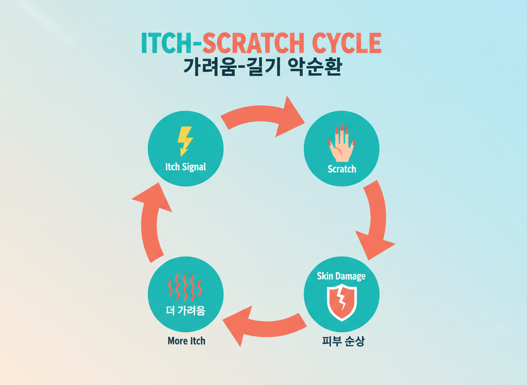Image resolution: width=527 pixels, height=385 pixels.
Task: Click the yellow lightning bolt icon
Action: [x=185, y=140]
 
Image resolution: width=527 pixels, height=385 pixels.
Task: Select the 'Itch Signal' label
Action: [x=185, y=167]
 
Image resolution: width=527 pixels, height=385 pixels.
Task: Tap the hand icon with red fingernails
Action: [x=341, y=143]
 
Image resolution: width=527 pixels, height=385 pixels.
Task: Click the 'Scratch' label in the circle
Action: [x=341, y=169]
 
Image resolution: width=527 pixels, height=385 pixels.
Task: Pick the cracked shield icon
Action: [x=341, y=302]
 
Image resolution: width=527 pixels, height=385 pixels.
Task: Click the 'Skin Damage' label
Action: [x=341, y=276]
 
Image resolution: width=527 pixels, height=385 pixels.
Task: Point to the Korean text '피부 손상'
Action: [x=343, y=341]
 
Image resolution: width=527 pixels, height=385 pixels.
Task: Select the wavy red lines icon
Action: [x=185, y=287]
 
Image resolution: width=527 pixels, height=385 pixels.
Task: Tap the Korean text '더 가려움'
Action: [x=185, y=311]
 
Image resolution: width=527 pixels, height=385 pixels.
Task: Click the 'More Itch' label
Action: [x=186, y=341]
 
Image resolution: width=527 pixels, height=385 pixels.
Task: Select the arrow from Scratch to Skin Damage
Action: [x=376, y=221]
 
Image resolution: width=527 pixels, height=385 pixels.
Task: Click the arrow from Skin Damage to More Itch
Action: [x=263, y=322]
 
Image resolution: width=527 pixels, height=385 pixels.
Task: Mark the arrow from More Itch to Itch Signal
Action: [x=151, y=218]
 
